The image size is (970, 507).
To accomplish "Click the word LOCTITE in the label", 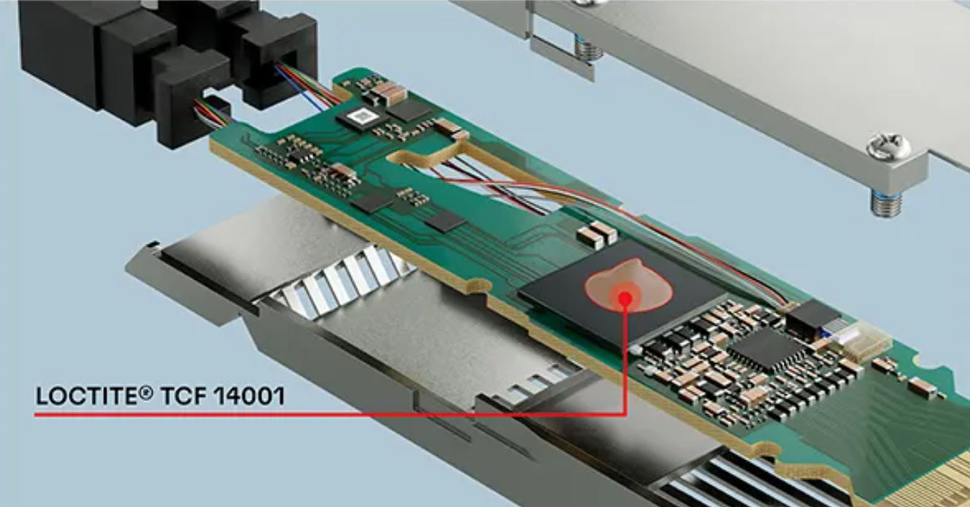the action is [x=90, y=396].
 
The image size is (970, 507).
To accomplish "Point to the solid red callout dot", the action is [x=625, y=299].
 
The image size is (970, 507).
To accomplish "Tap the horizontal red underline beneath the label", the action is [x=330, y=415].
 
